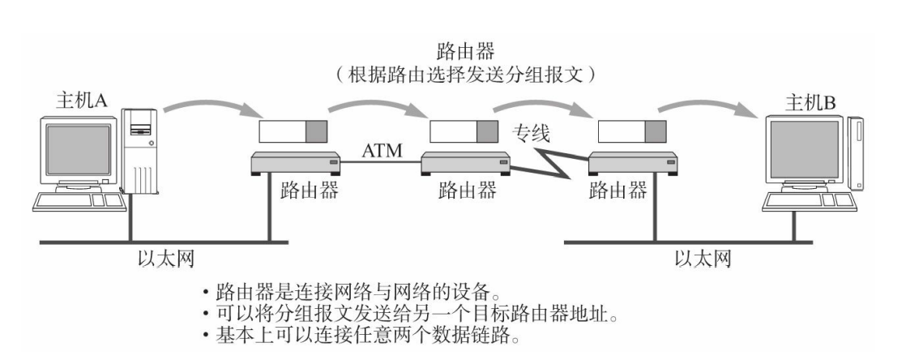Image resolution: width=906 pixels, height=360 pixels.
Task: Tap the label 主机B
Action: pyautogui.click(x=811, y=104)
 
